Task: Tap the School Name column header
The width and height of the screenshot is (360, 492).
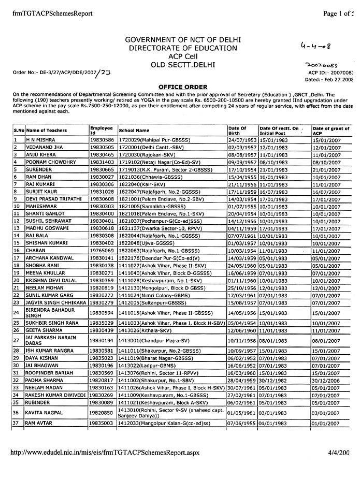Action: [x=134, y=131]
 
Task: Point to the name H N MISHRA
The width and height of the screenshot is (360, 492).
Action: [x=39, y=140]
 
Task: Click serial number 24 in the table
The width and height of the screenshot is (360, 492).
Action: [x=17, y=312]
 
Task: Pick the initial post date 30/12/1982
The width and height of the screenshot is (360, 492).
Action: [x=273, y=380]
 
